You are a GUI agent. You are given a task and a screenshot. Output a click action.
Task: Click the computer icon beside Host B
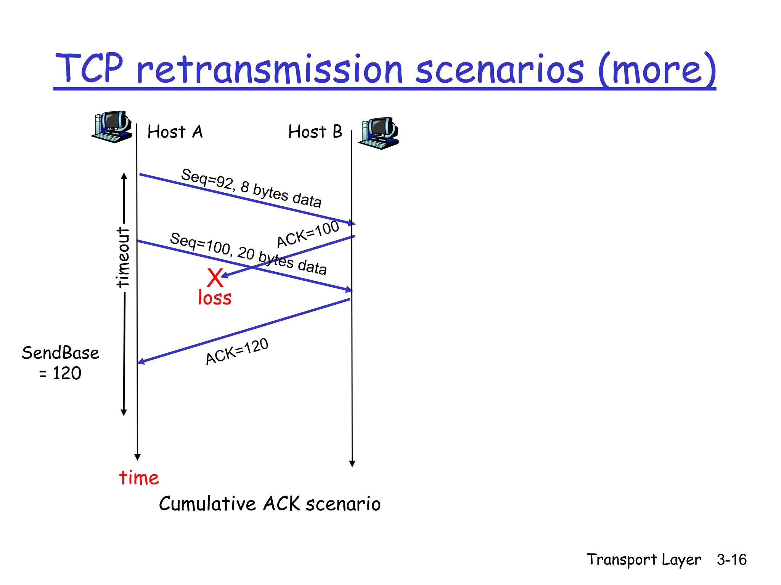tap(378, 133)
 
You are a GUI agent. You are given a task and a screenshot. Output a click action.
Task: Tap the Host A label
tap(175, 132)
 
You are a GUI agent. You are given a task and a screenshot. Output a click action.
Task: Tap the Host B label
tap(315, 132)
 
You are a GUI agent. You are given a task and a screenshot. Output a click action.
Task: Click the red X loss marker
tap(215, 278)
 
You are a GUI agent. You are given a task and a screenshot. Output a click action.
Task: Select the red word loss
tap(215, 298)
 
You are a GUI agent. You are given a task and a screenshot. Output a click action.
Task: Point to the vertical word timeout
tap(123, 257)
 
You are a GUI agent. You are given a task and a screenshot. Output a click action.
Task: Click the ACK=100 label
tap(307, 234)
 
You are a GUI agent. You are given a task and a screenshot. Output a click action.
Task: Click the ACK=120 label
tap(237, 352)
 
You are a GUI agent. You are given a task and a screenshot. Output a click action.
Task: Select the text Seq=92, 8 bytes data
tap(251, 188)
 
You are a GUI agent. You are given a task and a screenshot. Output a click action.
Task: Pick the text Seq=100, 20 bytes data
tap(248, 253)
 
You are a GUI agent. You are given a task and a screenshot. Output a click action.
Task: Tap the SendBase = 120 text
tap(60, 363)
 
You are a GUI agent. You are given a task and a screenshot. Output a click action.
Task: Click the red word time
tap(139, 478)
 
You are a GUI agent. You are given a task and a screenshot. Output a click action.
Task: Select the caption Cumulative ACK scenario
tap(270, 503)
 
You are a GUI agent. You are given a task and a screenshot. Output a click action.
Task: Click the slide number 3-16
tap(731, 559)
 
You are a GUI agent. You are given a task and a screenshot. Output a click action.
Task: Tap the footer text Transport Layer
tap(643, 559)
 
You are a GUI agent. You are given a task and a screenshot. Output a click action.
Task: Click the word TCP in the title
tap(89, 69)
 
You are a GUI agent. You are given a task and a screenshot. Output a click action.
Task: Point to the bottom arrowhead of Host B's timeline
tap(352, 464)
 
